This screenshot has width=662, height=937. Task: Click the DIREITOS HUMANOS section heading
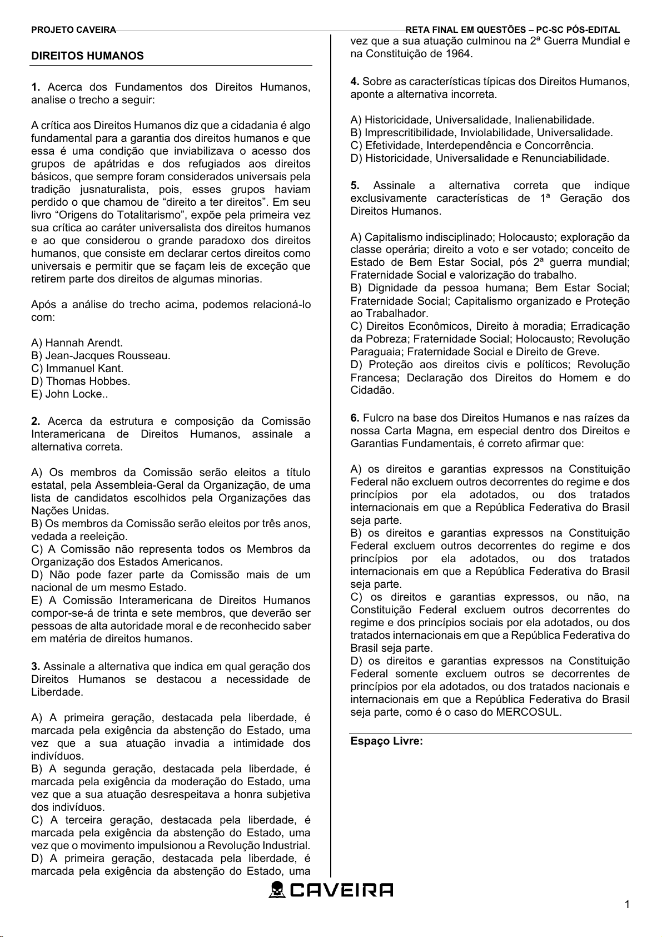(x=87, y=56)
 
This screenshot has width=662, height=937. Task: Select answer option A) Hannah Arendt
(x=77, y=343)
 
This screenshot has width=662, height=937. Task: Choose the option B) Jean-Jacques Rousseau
(x=101, y=355)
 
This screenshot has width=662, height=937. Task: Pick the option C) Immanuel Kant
(x=77, y=368)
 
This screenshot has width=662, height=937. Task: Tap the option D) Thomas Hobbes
(x=81, y=381)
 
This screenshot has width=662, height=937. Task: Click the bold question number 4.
(x=355, y=81)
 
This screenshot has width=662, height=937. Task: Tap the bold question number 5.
(x=355, y=185)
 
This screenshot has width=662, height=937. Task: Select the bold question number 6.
(x=355, y=418)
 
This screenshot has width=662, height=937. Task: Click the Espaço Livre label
(x=386, y=741)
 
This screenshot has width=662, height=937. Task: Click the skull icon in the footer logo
(x=277, y=890)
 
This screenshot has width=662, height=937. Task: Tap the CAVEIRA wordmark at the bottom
(x=341, y=890)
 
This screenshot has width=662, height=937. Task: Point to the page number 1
(x=627, y=904)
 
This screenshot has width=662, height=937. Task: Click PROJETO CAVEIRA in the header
(x=73, y=30)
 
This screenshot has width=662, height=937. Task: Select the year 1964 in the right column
(x=458, y=53)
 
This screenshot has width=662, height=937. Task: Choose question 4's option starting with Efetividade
(x=472, y=145)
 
